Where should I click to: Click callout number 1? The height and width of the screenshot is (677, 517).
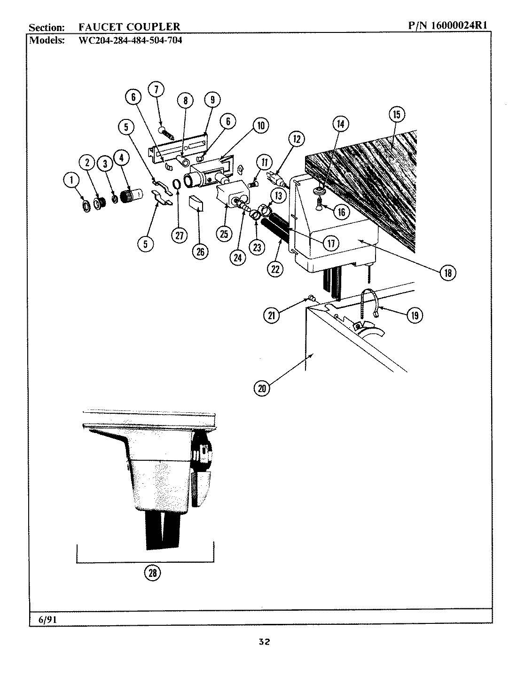(71, 180)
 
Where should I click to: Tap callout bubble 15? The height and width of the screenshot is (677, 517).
(397, 114)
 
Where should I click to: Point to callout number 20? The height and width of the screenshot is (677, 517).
(262, 388)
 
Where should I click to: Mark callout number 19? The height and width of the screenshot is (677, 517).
(414, 315)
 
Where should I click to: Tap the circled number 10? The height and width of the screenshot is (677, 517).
(260, 125)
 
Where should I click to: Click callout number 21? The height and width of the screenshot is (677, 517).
(272, 315)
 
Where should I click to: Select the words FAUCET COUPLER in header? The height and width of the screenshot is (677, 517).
(129, 27)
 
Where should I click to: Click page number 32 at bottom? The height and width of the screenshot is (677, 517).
(264, 642)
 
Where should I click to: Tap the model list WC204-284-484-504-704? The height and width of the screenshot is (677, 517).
(129, 40)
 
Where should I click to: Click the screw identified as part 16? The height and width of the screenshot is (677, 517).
(319, 204)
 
